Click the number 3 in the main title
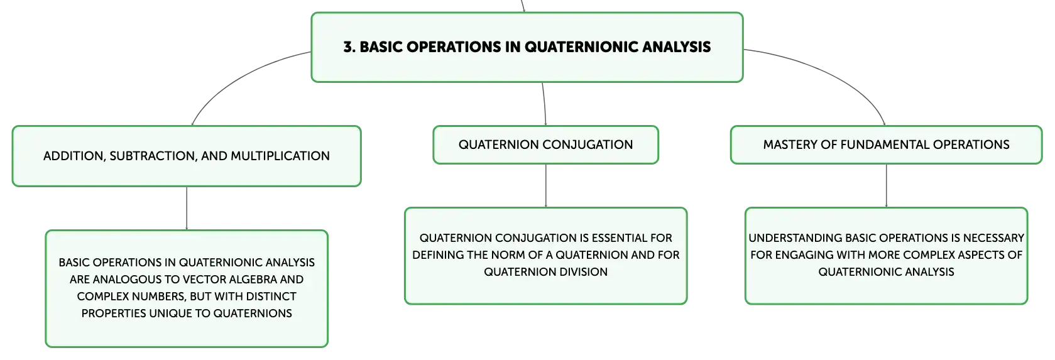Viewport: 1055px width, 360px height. [x=348, y=47]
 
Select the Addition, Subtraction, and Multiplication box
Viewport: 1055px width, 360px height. [x=186, y=156]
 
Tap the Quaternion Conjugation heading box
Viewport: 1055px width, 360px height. [x=545, y=145]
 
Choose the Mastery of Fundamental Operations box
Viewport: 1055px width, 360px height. [x=886, y=145]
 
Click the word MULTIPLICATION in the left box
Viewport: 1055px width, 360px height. [x=280, y=156]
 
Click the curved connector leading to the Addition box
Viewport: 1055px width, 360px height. [x=239, y=79]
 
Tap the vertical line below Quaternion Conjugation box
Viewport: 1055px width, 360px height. [x=545, y=186]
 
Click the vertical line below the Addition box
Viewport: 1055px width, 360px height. [x=187, y=209]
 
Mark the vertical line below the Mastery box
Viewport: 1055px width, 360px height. [x=887, y=186]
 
